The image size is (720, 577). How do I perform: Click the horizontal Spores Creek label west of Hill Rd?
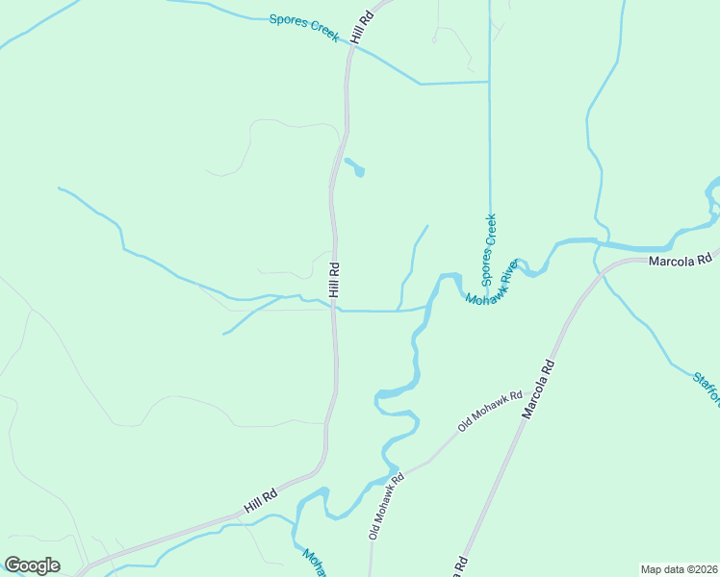pos(304,26)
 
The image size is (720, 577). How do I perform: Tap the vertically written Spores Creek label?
pos(489,250)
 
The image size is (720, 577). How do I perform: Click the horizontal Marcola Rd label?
pos(680,260)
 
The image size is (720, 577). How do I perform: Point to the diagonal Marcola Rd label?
pos(539,389)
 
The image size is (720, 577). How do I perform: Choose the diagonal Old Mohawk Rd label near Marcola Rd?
pos(490,410)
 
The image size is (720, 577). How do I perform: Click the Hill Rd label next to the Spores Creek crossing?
pos(362,26)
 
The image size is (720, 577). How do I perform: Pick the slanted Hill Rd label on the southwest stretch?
pos(260,499)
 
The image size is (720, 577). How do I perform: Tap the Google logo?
pos(32,565)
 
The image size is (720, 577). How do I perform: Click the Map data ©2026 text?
pos(678,568)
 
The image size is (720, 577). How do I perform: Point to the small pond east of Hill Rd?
pos(356,168)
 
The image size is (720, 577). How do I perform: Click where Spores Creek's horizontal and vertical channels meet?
pos(489,82)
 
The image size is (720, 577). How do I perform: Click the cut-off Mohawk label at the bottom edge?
pos(315,562)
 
